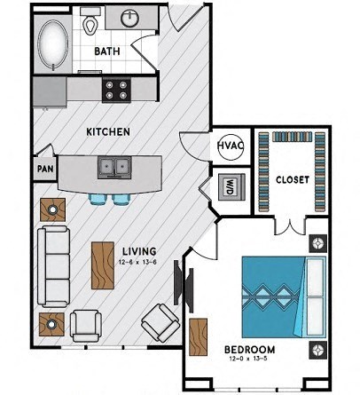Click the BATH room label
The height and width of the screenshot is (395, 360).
point(107,51)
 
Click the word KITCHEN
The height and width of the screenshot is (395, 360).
point(108,131)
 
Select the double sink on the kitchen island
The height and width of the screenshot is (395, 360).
point(113,166)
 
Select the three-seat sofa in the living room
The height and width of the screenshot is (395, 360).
point(54,265)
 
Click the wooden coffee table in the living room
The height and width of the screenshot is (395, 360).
point(103,265)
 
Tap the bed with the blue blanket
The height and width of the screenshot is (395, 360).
point(284,293)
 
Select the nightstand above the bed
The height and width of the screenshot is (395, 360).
point(317,243)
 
